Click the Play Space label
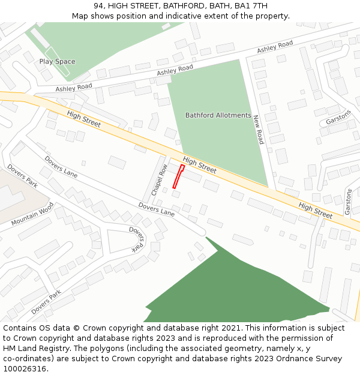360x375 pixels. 57,62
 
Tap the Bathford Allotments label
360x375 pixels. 218,115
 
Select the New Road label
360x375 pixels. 258,130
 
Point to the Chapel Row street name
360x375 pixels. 158,181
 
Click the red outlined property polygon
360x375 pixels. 178,176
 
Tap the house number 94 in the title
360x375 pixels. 98,6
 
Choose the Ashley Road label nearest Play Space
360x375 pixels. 74,88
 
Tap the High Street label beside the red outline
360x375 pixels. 200,165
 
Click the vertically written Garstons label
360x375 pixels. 348,202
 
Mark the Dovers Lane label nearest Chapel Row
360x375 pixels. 156,209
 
